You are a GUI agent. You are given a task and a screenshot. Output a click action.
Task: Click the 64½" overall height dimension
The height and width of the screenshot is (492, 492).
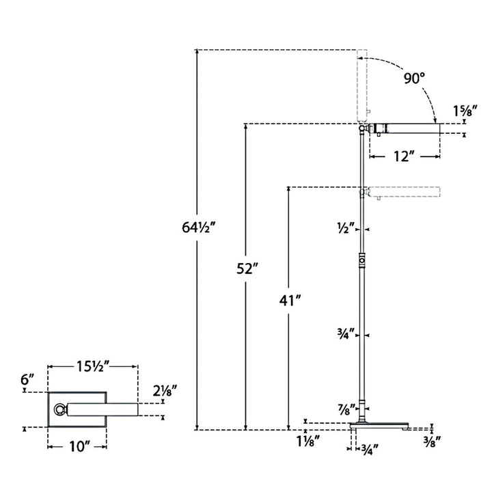(x=199, y=227)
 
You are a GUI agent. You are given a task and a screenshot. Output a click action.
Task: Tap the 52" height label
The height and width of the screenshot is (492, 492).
(x=247, y=269)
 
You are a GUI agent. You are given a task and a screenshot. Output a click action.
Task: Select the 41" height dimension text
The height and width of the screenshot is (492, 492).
(x=290, y=301)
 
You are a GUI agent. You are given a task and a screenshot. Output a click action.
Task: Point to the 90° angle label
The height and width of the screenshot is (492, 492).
(x=414, y=78)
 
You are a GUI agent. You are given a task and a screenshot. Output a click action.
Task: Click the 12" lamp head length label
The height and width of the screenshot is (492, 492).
(x=402, y=156)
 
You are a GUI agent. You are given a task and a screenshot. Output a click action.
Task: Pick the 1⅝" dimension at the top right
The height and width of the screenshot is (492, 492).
(x=465, y=111)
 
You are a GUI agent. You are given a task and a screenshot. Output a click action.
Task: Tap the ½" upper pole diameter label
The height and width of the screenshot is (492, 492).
(x=346, y=228)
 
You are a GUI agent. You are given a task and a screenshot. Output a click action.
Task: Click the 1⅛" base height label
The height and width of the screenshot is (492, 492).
(x=308, y=441)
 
